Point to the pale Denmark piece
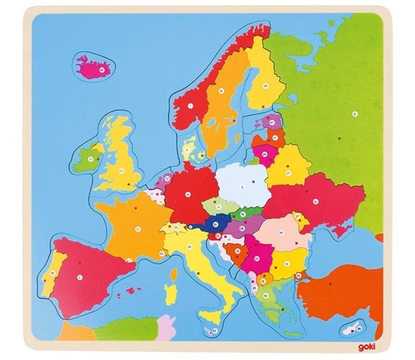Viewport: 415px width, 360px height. (191, 153)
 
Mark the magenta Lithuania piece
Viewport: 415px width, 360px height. (266, 153)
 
